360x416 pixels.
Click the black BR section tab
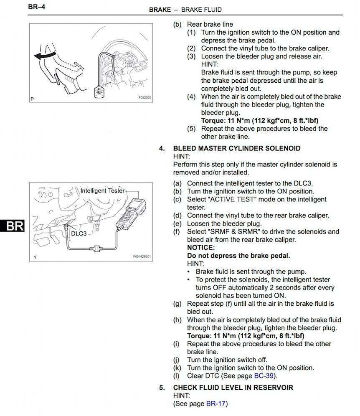(12, 226)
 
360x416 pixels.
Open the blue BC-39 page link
(264, 375)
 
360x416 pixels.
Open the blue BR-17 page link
(215, 403)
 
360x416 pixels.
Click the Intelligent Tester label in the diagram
(102, 190)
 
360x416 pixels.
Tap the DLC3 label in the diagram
(79, 233)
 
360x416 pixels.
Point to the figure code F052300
(145, 98)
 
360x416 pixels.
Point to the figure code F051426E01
(142, 256)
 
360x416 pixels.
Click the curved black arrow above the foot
(45, 55)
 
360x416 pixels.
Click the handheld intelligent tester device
(131, 213)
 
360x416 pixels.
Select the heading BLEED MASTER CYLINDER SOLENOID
(237, 148)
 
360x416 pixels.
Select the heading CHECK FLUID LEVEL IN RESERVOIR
(233, 387)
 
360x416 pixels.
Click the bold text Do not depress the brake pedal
(238, 256)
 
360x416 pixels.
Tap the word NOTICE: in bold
(201, 248)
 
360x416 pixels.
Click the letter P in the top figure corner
(32, 99)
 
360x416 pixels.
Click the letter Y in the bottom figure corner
(35, 257)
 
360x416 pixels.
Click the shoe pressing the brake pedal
(69, 81)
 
